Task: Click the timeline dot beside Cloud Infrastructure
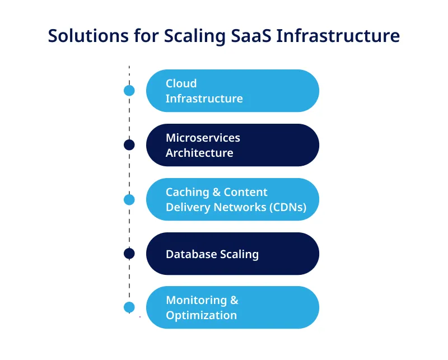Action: click(x=129, y=91)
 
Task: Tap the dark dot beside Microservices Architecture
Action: click(x=129, y=145)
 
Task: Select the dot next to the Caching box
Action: click(x=129, y=199)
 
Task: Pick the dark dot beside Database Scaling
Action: click(x=129, y=254)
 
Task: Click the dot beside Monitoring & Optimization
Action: click(x=129, y=307)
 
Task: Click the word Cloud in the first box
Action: click(x=181, y=83)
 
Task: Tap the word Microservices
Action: click(x=203, y=138)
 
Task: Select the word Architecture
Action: click(x=199, y=153)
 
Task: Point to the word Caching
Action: click(x=187, y=192)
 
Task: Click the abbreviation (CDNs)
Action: click(x=287, y=207)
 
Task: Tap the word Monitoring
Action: click(x=196, y=300)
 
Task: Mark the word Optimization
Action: click(x=201, y=315)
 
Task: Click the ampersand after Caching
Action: click(x=216, y=192)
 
